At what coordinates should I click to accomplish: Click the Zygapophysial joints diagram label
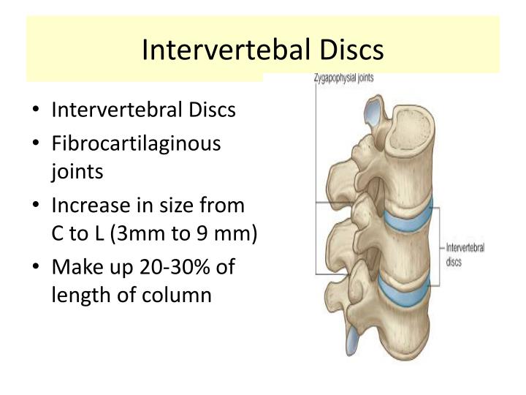click(x=343, y=78)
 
